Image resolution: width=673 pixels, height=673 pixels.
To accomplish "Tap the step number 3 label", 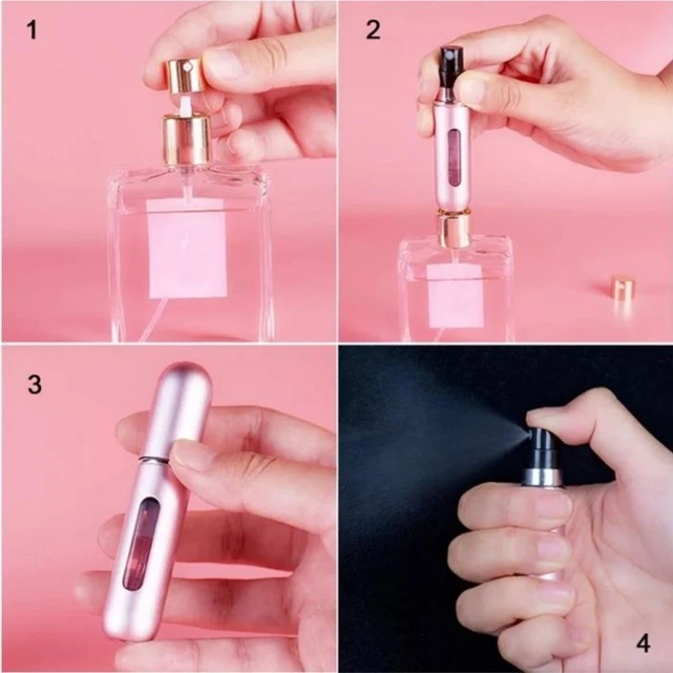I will tap(34, 384).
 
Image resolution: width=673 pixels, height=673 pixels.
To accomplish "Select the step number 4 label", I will tap(642, 643).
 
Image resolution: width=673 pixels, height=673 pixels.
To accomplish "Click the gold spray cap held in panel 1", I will tap(184, 75).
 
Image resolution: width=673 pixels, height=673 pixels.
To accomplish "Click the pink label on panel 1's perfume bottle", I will tap(187, 253).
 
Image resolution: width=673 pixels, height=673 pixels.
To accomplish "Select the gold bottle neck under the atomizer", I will tap(453, 229).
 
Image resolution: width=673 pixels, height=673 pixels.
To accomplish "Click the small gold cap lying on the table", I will tap(623, 288).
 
